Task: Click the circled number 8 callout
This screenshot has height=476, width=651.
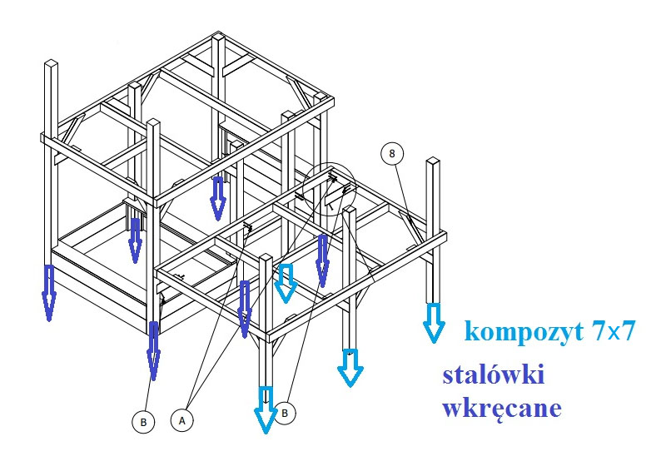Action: coord(391,153)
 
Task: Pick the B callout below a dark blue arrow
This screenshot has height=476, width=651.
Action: coord(143,423)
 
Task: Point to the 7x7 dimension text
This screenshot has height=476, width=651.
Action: coord(614,332)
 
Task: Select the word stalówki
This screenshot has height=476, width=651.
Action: coord(493,375)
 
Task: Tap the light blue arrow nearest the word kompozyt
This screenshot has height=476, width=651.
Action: coord(433,323)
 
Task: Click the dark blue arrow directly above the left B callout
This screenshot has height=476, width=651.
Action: coord(153,350)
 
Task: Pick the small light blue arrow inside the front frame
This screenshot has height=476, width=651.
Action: coord(286,283)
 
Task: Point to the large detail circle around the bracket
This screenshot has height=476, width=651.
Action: coord(330,188)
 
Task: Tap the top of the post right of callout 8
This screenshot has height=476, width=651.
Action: coord(434,161)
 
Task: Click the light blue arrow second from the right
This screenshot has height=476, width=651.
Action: coord(350,366)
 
